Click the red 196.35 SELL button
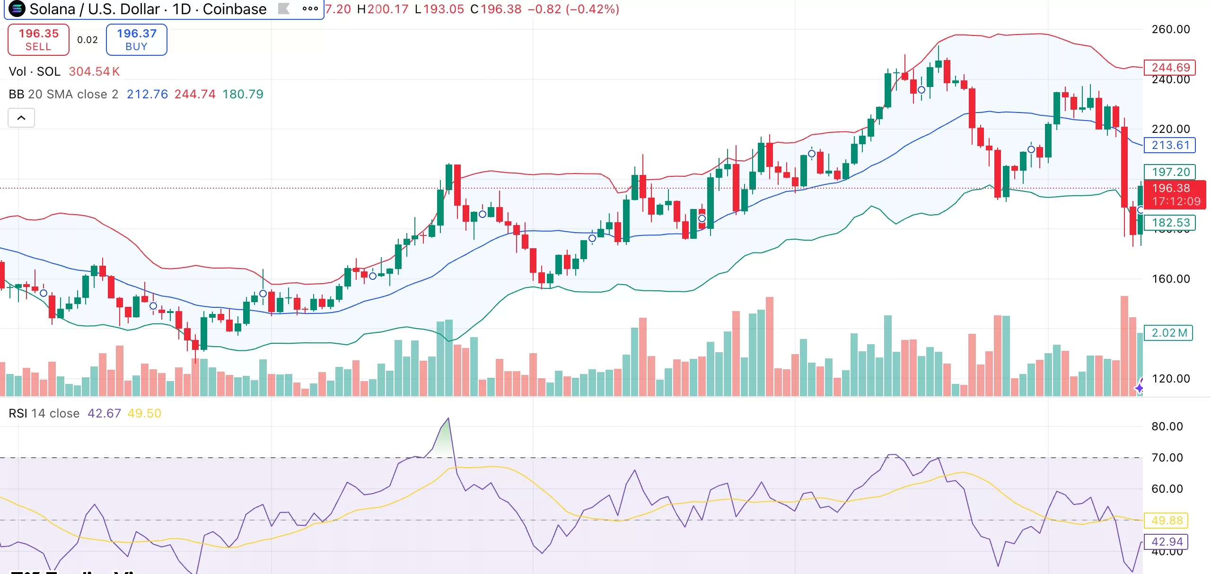pyautogui.click(x=38, y=40)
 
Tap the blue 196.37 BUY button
pyautogui.click(x=136, y=40)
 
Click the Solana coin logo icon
pyautogui.click(x=17, y=9)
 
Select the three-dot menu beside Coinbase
pyautogui.click(x=310, y=9)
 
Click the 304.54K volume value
pyautogui.click(x=94, y=71)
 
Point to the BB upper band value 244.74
pyautogui.click(x=194, y=94)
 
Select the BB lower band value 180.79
pyautogui.click(x=243, y=94)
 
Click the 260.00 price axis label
pyautogui.click(x=1170, y=29)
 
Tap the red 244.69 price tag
pyautogui.click(x=1169, y=67)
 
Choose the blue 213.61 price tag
pyautogui.click(x=1169, y=145)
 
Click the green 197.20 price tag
pyautogui.click(x=1169, y=172)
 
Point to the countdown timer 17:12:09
pyautogui.click(x=1176, y=201)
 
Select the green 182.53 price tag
pyautogui.click(x=1169, y=222)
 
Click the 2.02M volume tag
pyautogui.click(x=1168, y=332)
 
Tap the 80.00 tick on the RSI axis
pyautogui.click(x=1167, y=426)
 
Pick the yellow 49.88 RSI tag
pyautogui.click(x=1167, y=520)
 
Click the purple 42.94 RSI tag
pyautogui.click(x=1167, y=541)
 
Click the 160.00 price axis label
pyautogui.click(x=1170, y=279)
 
